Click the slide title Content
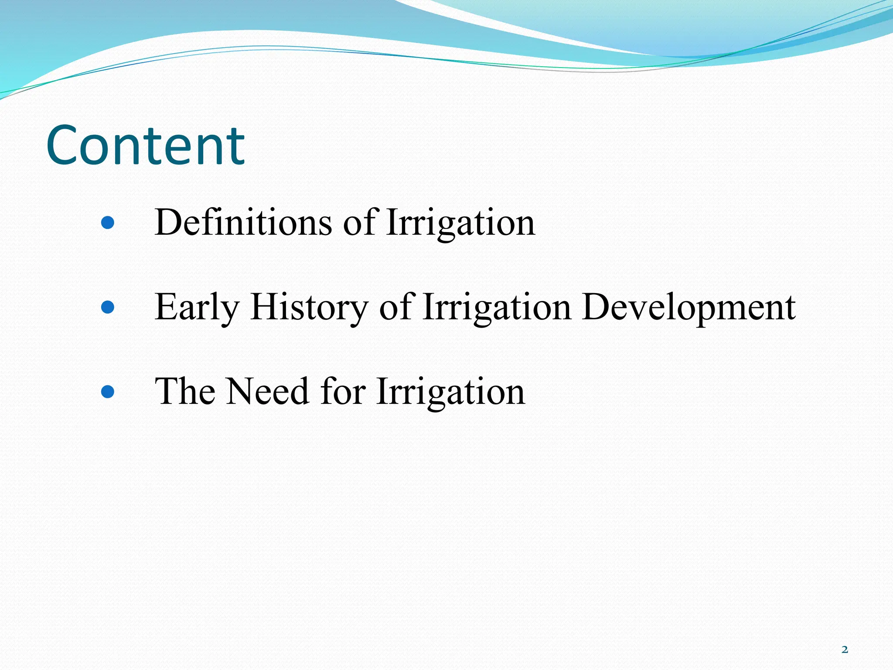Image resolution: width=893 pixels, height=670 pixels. point(145,145)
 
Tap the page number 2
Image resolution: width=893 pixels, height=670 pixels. point(845,649)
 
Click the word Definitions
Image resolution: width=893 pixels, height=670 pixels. point(243,222)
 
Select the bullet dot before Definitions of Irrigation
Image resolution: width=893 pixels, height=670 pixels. point(107,223)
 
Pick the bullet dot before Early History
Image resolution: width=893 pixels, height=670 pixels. point(107,308)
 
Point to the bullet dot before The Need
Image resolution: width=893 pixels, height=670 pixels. point(107,391)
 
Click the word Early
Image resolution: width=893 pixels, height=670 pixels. point(197,308)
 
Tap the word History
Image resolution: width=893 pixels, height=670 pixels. point(309,308)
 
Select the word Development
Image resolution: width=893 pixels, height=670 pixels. point(688,308)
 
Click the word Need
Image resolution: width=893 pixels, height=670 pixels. point(268,391)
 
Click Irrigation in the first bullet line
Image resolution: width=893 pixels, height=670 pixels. point(460,222)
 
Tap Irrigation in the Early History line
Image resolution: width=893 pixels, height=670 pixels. point(497,308)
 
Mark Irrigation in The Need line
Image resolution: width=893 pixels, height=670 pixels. point(450,391)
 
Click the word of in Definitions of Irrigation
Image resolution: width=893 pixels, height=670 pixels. point(359,222)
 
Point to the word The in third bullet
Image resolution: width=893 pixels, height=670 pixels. point(185,391)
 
